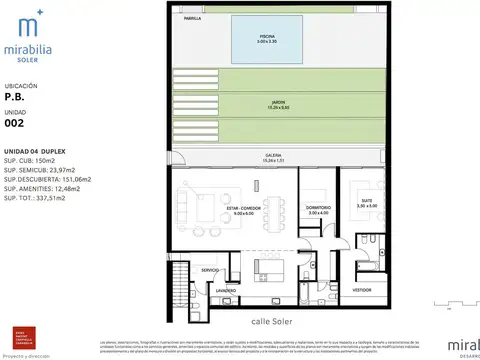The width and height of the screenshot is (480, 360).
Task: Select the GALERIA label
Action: click(274, 156)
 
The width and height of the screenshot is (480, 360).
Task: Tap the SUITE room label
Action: click(366, 200)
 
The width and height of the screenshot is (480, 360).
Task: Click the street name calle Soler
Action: click(272, 322)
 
